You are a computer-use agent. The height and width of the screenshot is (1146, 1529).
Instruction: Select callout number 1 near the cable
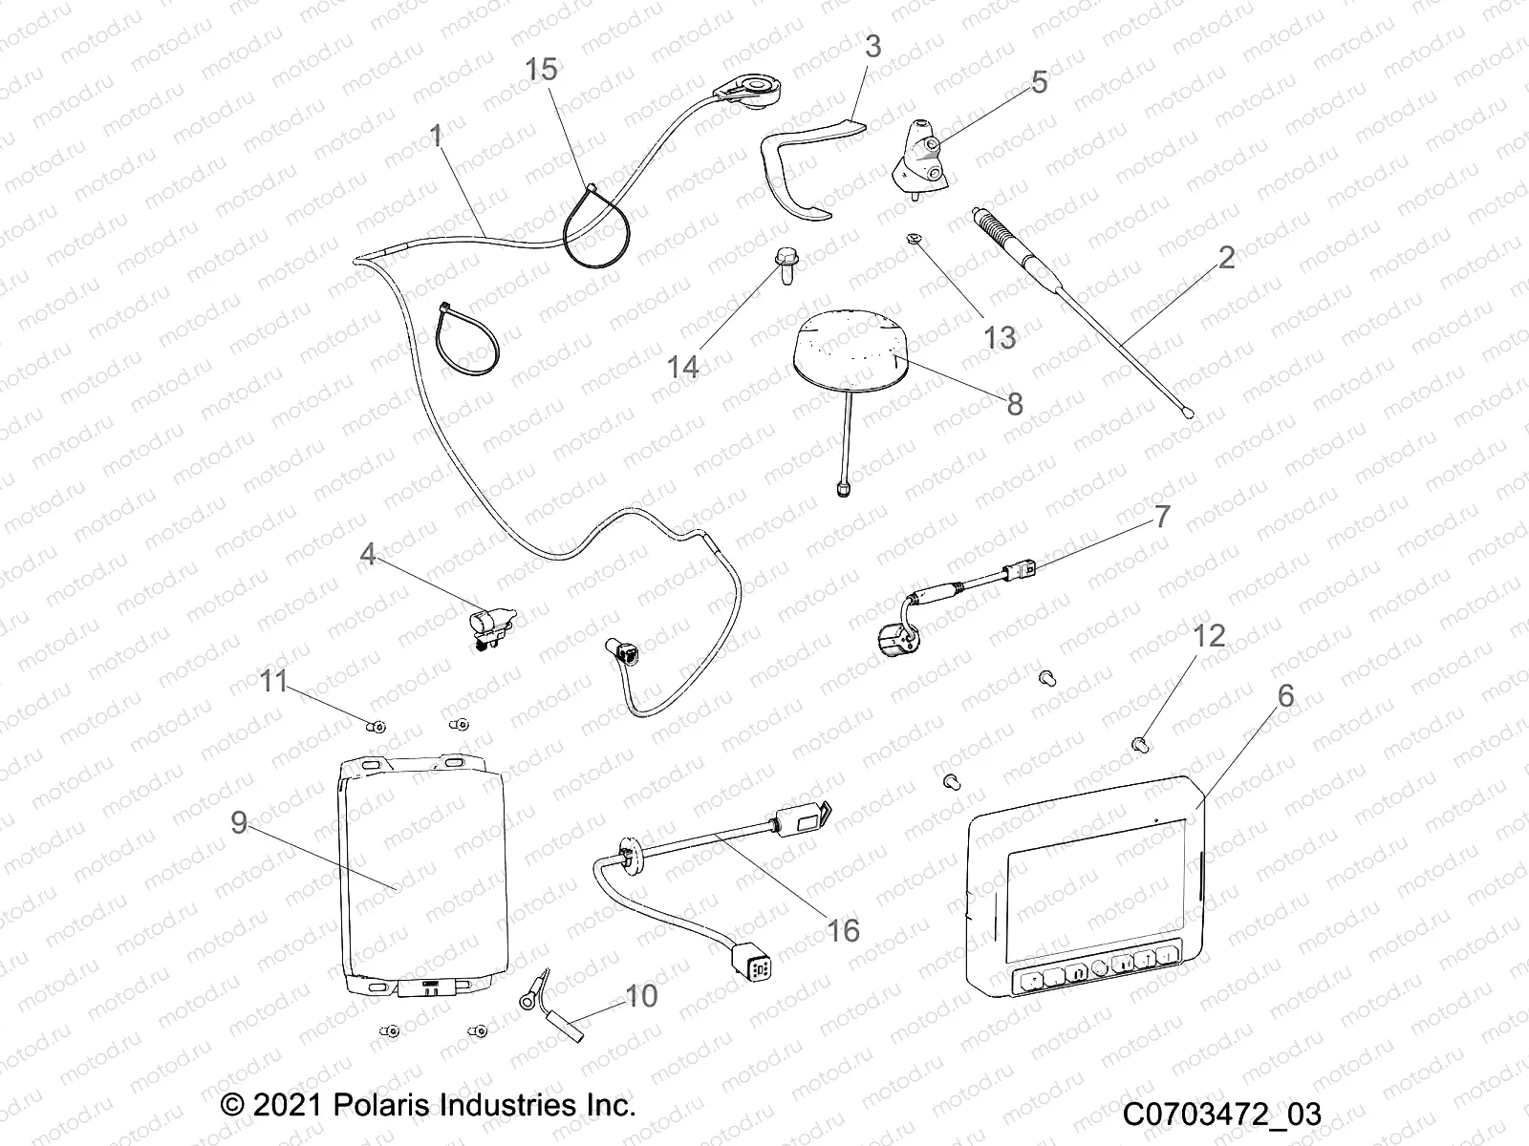[436, 137]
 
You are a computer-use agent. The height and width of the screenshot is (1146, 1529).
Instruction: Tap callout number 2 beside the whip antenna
[1226, 258]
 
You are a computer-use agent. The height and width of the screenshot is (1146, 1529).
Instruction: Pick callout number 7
[1161, 517]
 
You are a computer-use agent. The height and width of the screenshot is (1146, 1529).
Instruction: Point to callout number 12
[1210, 636]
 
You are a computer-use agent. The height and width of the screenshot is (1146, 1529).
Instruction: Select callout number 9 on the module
[239, 822]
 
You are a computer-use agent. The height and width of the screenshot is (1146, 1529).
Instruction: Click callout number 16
[843, 929]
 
